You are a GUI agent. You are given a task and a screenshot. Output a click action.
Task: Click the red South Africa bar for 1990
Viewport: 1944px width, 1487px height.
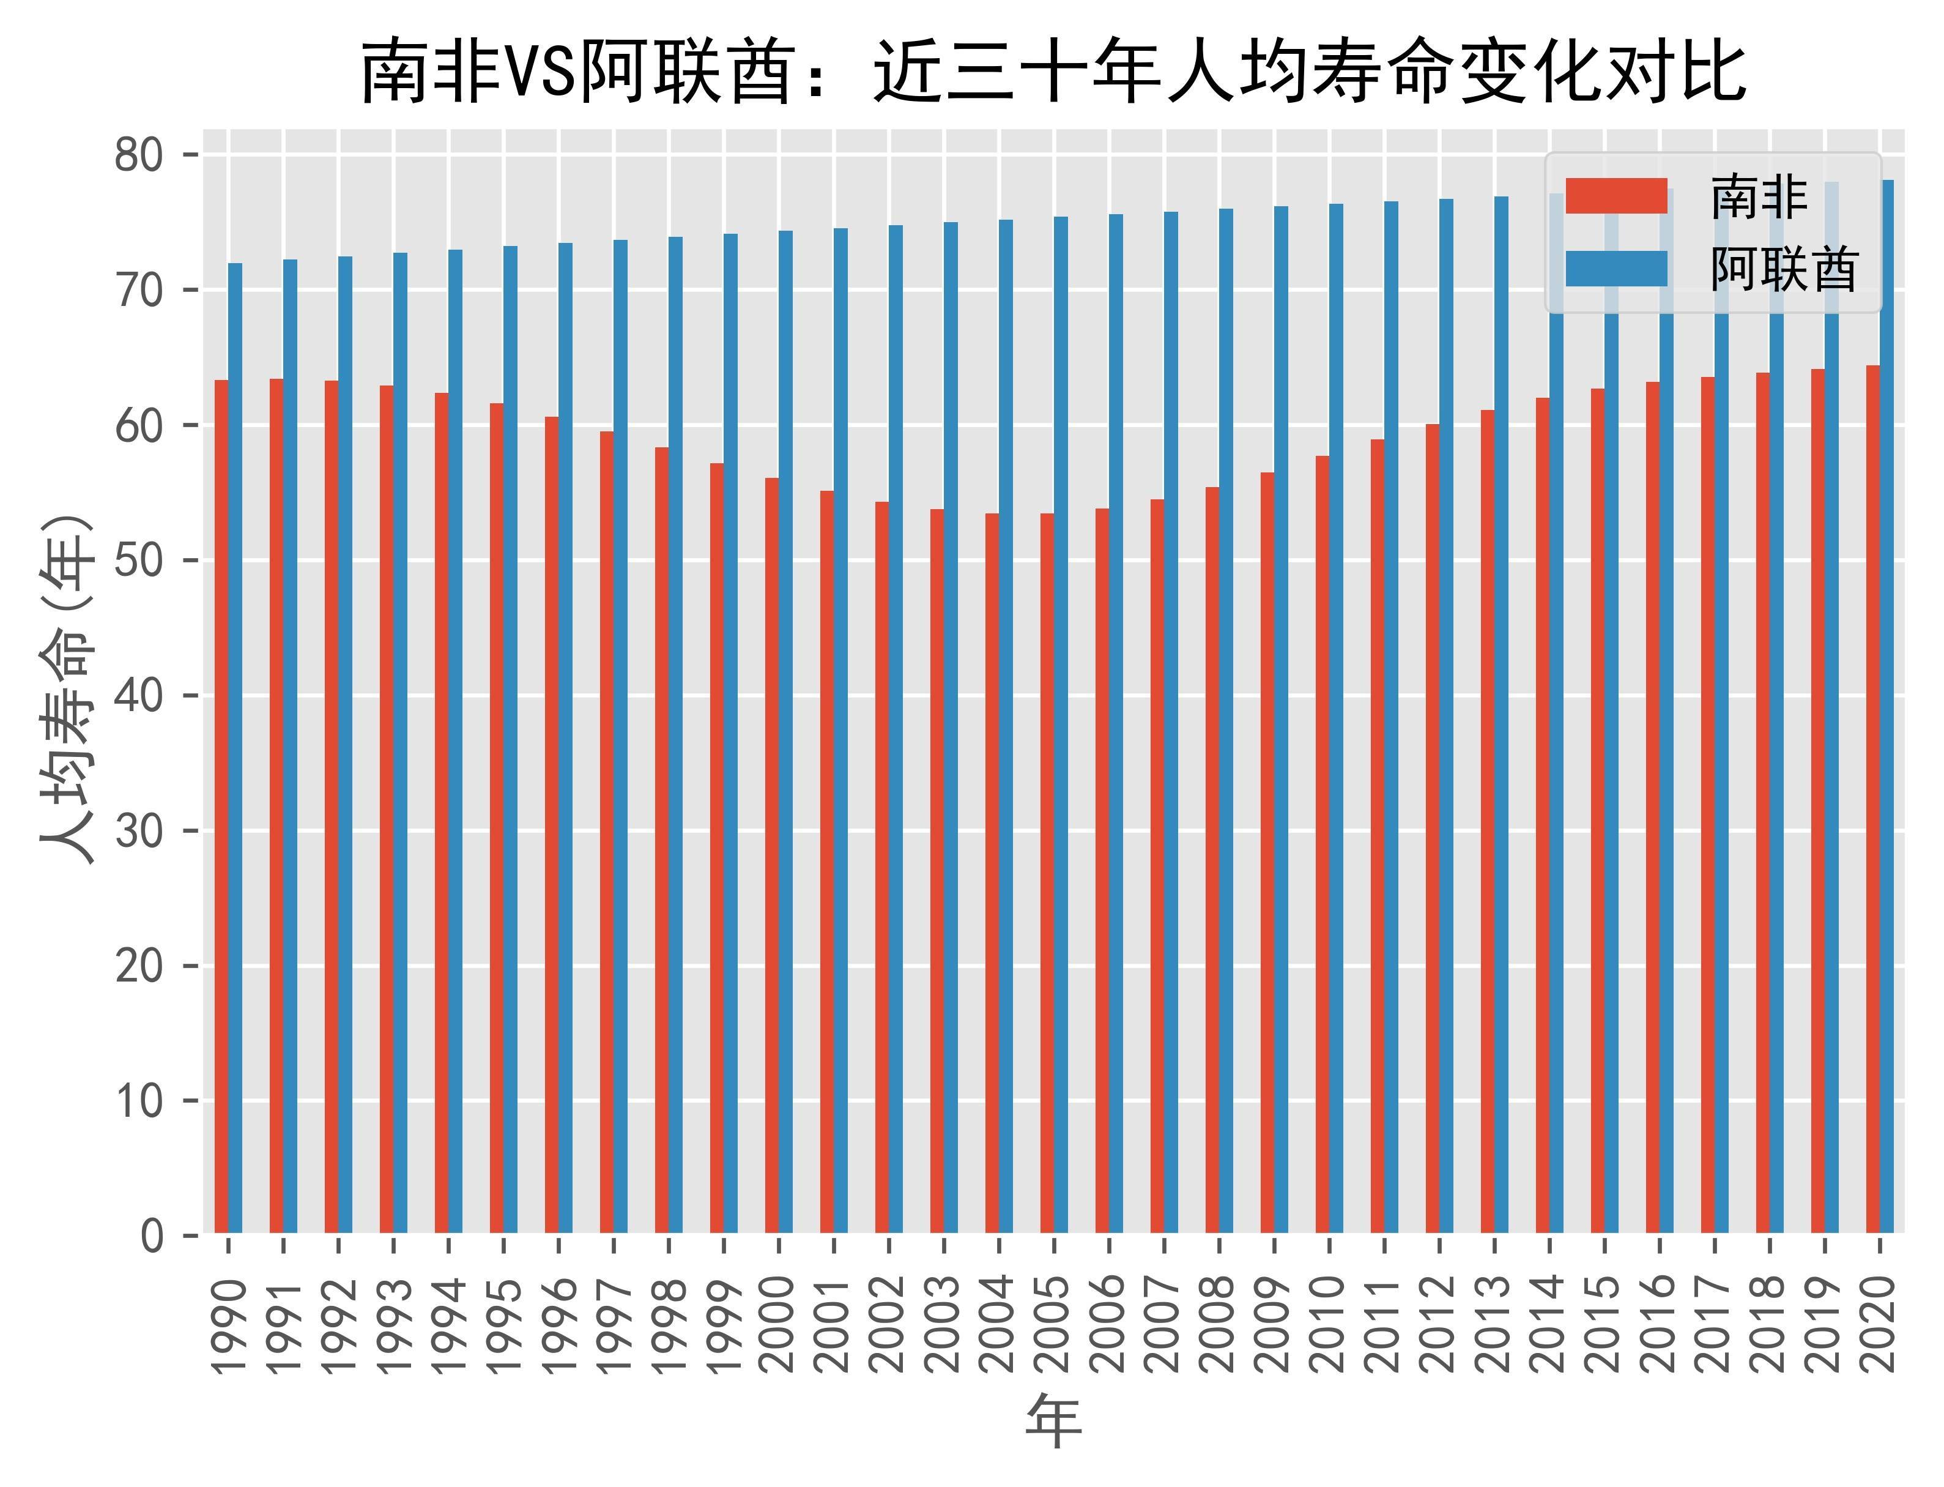[221, 805]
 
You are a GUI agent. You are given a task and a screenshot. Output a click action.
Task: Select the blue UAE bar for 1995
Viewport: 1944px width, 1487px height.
[511, 739]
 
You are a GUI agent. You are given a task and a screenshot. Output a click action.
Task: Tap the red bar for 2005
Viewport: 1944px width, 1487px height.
[1047, 873]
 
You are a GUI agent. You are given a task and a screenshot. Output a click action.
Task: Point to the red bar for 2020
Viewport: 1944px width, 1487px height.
[1872, 799]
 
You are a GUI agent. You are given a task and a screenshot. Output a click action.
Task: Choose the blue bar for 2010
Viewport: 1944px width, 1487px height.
[1336, 718]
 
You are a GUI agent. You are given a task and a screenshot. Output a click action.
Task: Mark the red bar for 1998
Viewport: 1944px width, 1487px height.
[662, 839]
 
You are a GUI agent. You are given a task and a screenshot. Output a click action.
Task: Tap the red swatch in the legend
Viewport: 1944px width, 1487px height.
[1616, 196]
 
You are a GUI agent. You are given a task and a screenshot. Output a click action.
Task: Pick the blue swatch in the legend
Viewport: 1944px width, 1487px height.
[1616, 268]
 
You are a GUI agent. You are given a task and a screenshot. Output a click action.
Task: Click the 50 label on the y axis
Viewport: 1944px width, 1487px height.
[139, 561]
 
